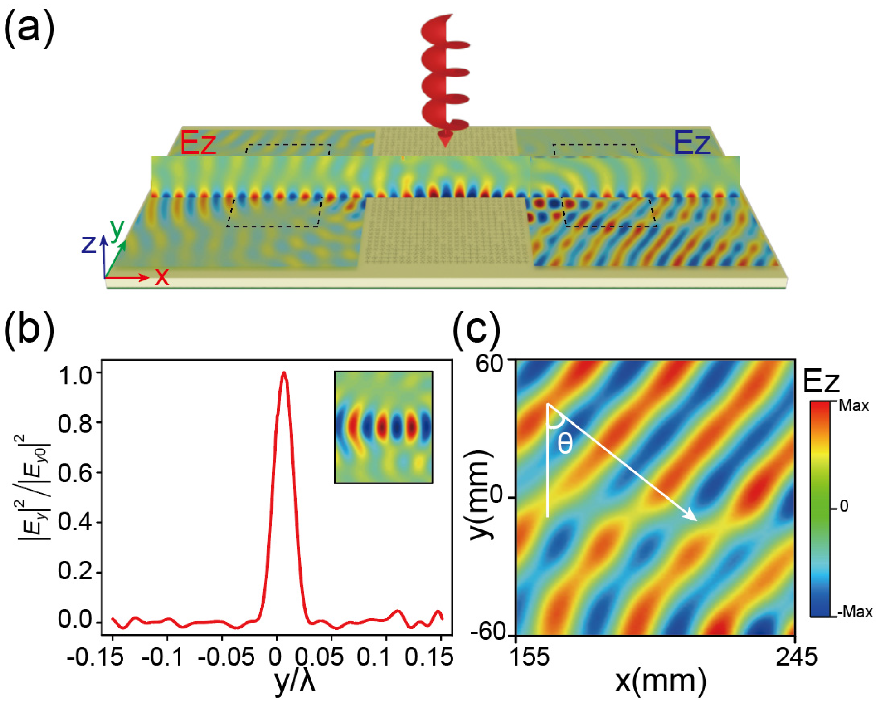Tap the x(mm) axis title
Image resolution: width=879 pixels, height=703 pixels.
tap(660, 681)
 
